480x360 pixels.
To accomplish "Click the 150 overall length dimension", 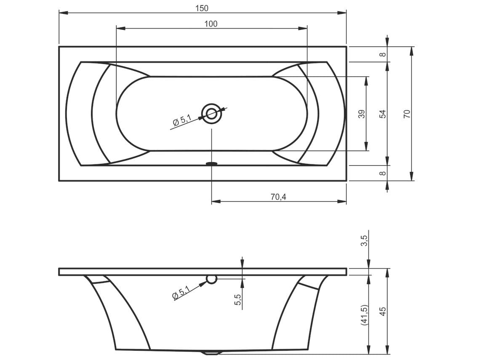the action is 202,8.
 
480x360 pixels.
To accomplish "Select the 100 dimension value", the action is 211,24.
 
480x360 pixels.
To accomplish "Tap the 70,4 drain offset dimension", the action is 278,197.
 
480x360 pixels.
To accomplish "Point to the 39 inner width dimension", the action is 362,114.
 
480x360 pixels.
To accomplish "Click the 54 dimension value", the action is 383,114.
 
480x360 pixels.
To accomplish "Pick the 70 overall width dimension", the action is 407,114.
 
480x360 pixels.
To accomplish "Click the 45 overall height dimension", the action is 383,311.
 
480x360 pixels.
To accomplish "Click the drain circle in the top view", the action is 211,114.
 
